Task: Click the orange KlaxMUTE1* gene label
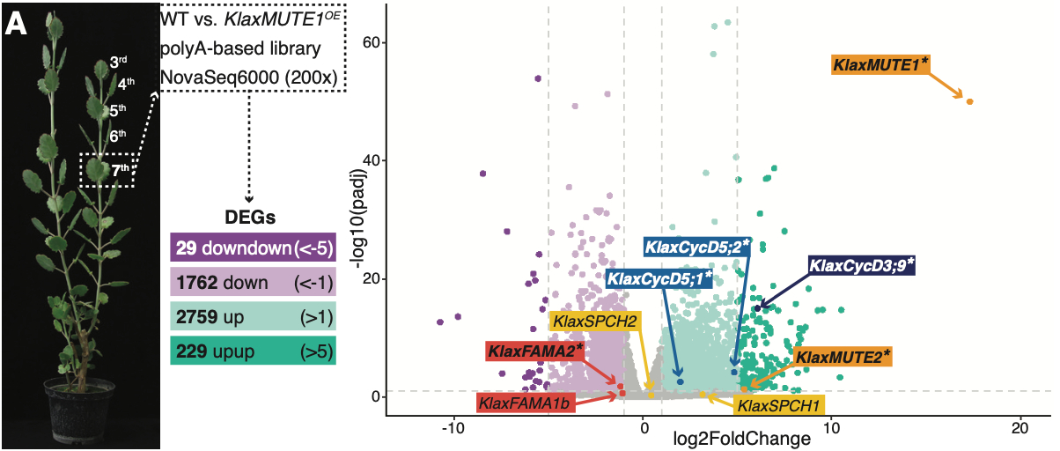(x=880, y=64)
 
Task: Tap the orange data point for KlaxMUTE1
(x=969, y=101)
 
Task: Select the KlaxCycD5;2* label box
(x=697, y=247)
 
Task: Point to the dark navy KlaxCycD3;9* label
(x=861, y=265)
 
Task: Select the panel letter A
(x=18, y=24)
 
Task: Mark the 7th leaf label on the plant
(x=121, y=170)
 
